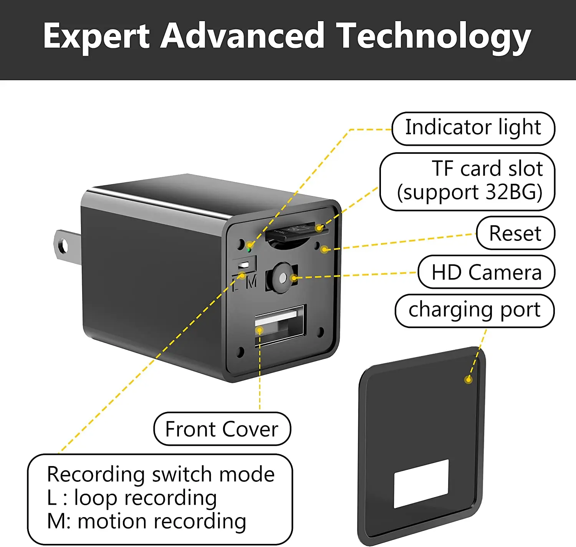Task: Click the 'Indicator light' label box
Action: tap(473, 129)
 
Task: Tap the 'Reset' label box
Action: tap(515, 233)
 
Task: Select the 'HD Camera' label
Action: tap(486, 272)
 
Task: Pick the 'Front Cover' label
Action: tap(222, 429)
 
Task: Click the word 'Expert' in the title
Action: tap(96, 36)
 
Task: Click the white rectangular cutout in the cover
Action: tap(421, 483)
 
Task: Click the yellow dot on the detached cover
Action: tap(468, 380)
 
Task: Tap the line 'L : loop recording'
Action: tap(132, 498)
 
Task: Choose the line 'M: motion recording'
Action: tap(146, 522)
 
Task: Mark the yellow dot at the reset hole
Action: tap(324, 250)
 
